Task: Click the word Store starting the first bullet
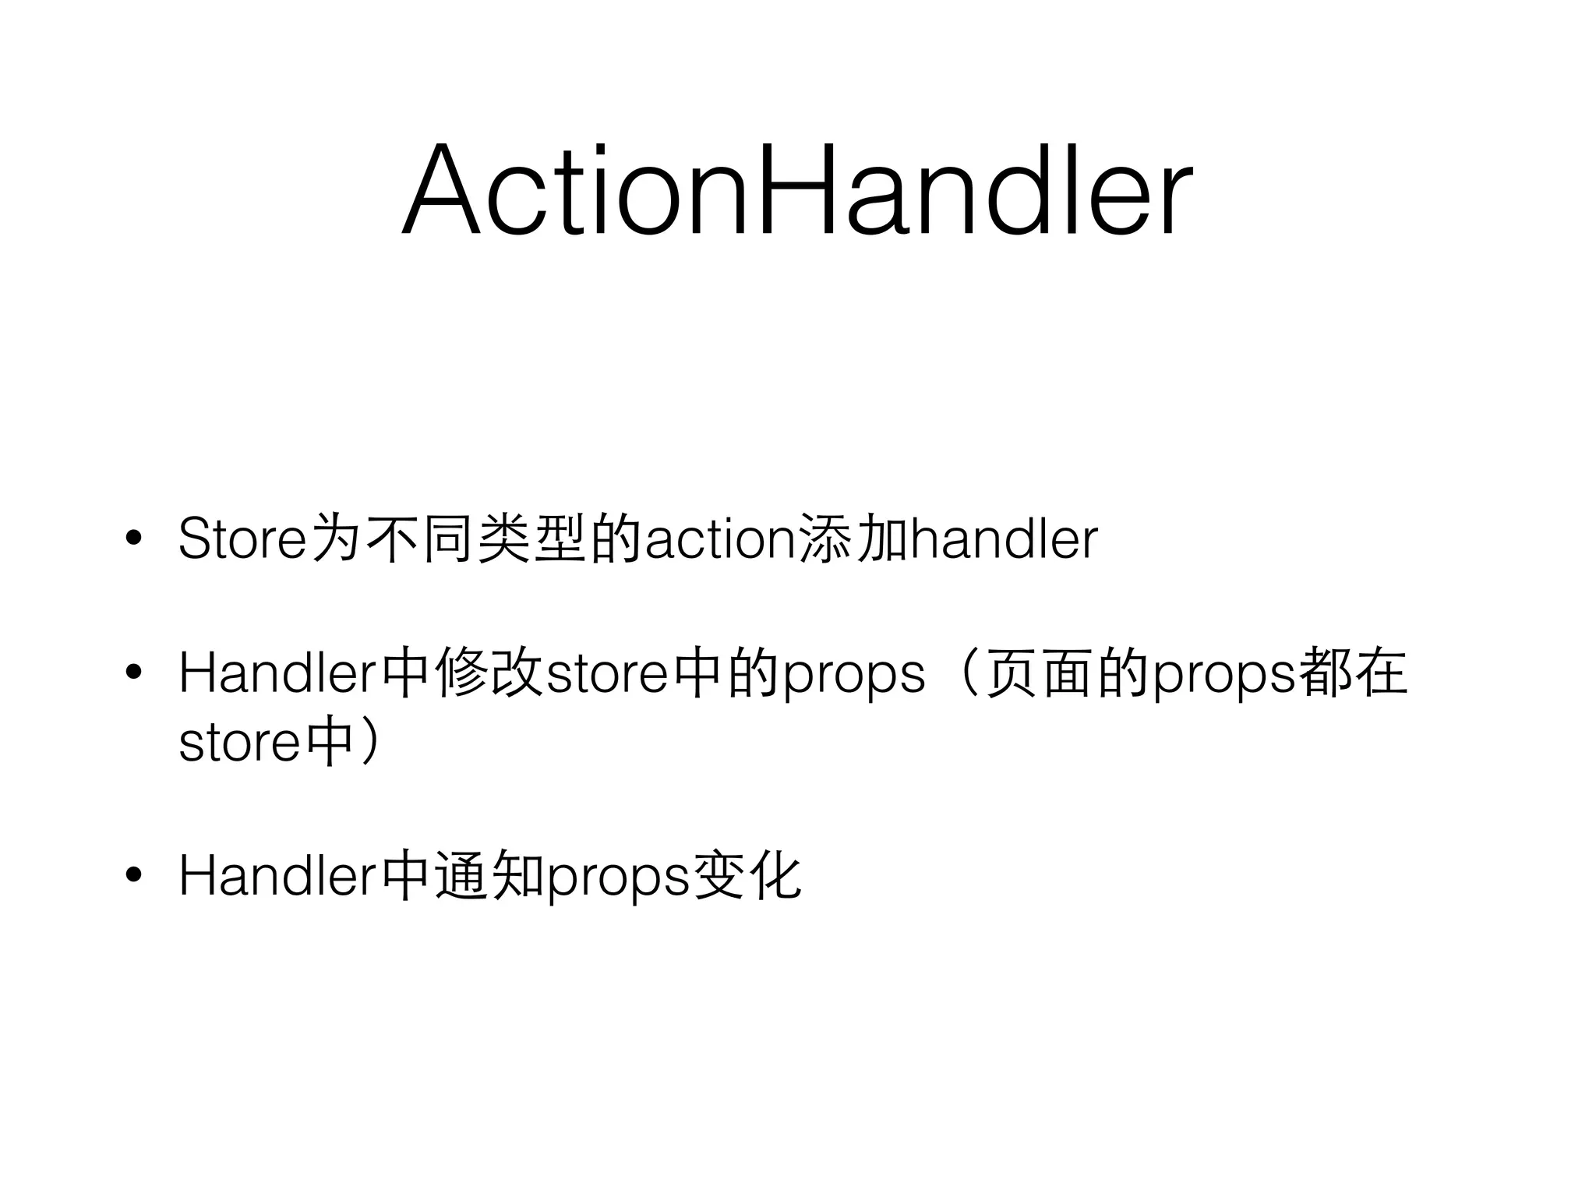(242, 538)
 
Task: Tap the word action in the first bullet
(719, 538)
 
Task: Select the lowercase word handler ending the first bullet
(1004, 538)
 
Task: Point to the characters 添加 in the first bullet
(853, 538)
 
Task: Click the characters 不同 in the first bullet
(420, 538)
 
